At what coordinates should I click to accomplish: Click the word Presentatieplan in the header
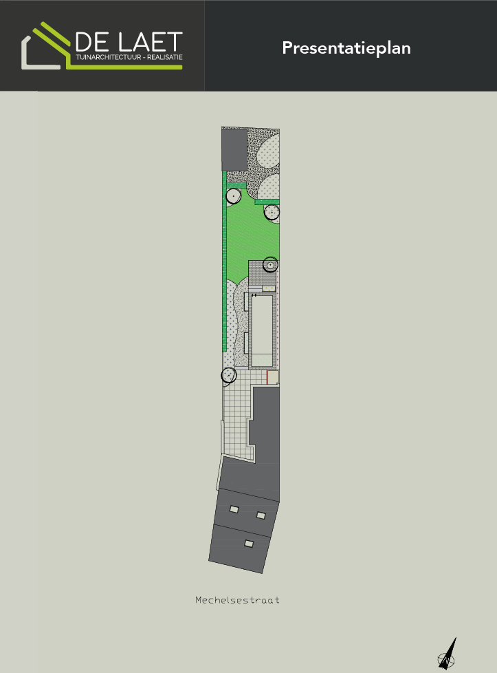(x=346, y=48)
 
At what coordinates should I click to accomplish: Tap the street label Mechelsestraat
(x=237, y=600)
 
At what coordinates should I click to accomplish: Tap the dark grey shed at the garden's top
(x=234, y=150)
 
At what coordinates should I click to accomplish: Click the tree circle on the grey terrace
(x=271, y=264)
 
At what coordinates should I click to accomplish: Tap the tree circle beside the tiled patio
(x=229, y=375)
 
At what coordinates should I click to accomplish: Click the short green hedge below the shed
(x=236, y=186)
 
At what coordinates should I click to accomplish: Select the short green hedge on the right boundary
(x=267, y=202)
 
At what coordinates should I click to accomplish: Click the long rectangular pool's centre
(x=262, y=327)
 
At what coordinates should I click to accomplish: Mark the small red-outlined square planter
(x=273, y=376)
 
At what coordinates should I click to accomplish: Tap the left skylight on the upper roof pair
(x=234, y=509)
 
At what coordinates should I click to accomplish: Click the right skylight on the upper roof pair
(x=261, y=515)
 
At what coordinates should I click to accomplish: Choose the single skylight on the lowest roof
(x=249, y=544)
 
